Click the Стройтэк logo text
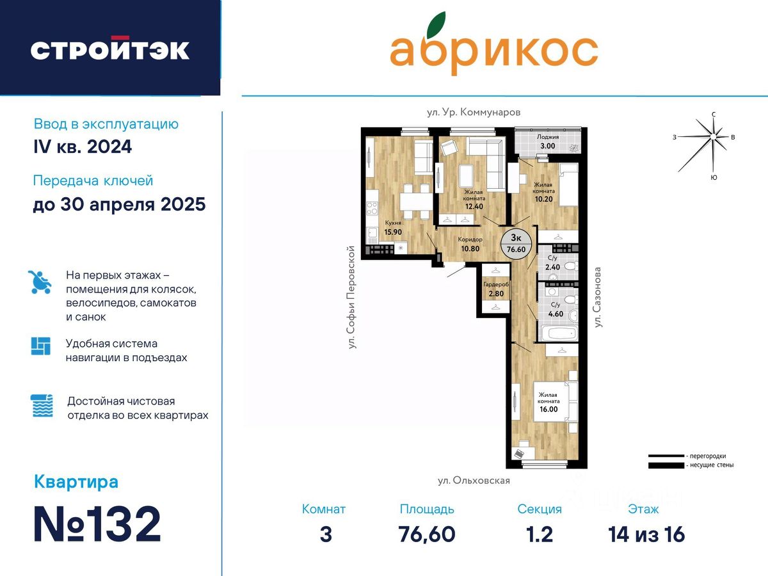(110, 49)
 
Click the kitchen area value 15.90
(393, 232)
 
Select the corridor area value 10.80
(470, 249)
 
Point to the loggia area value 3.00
(548, 146)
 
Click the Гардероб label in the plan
(496, 285)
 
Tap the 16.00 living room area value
(548, 409)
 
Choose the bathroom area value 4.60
(556, 314)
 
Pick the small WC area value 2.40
(552, 267)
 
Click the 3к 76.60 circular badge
(516, 244)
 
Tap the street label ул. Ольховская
(474, 481)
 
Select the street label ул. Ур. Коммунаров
(474, 112)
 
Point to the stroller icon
(40, 282)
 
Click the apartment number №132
(97, 524)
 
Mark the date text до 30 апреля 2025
(119, 205)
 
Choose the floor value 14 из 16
(646, 534)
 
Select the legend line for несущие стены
(666, 465)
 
